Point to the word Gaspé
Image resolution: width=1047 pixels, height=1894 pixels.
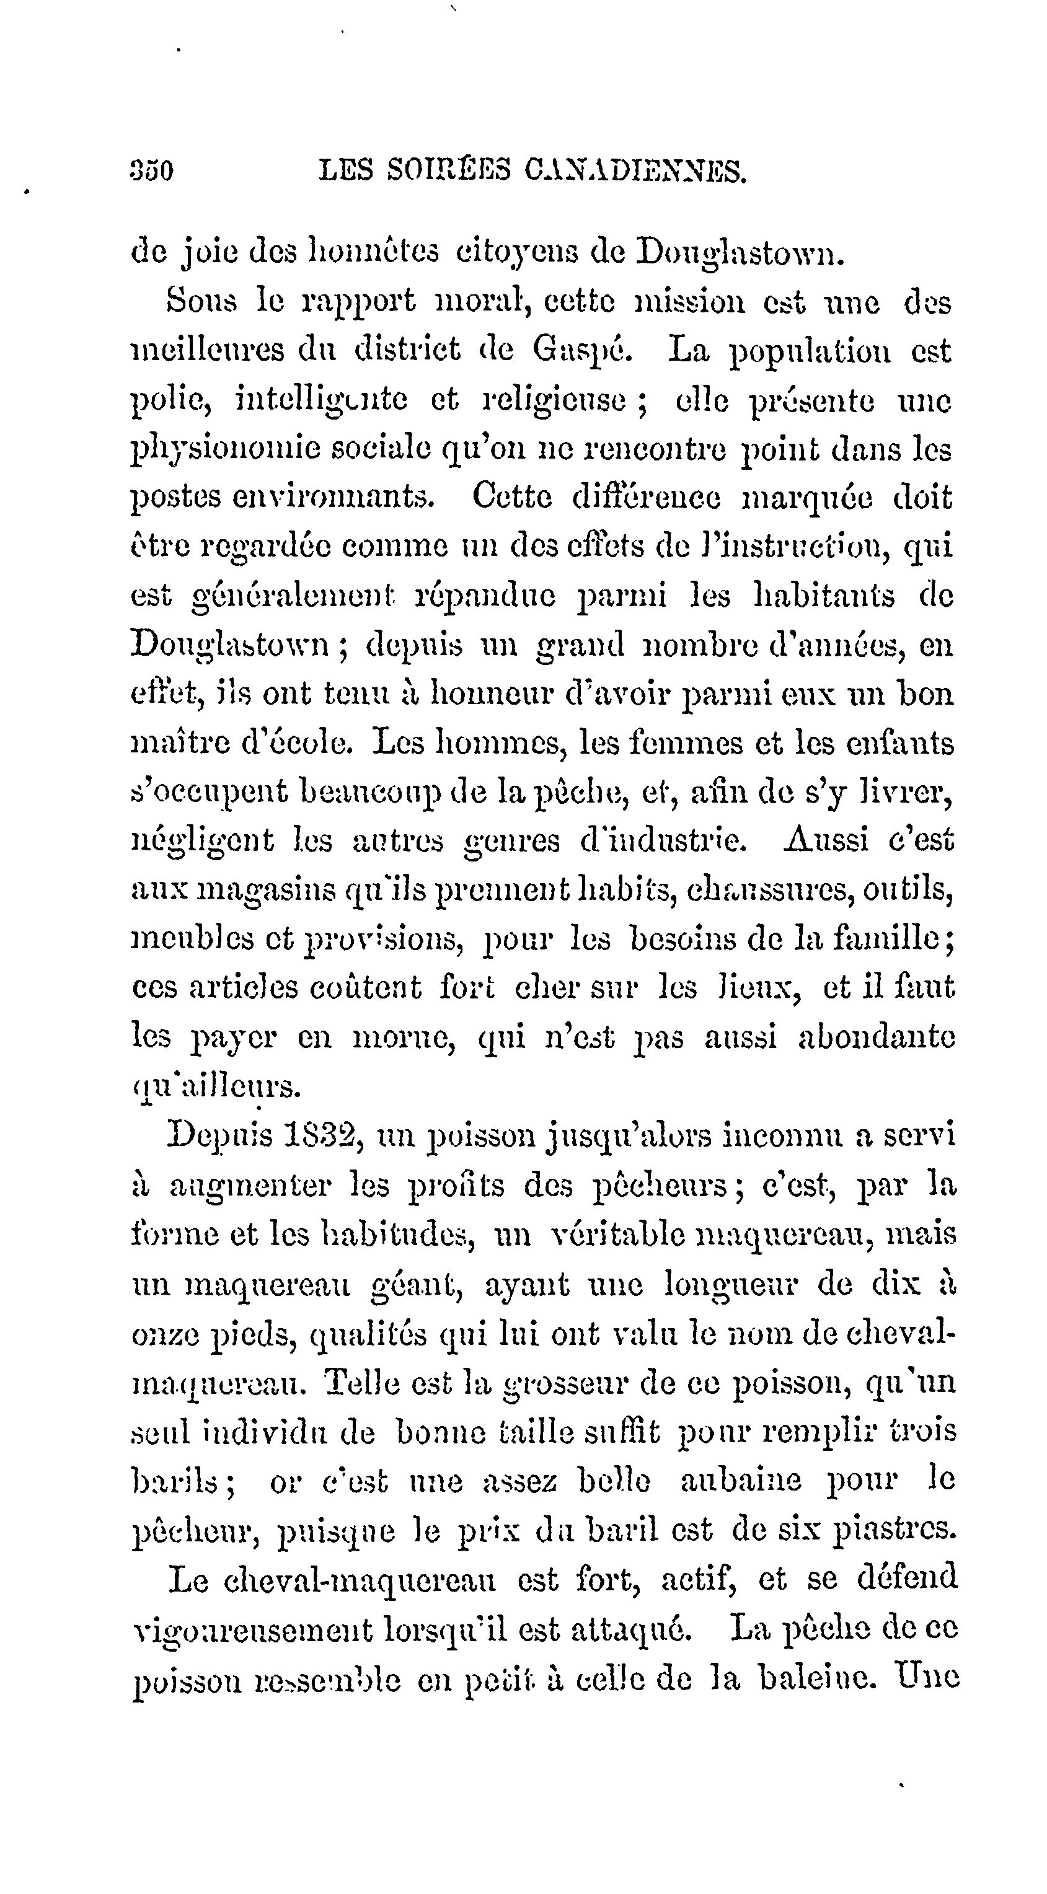click(581, 351)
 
